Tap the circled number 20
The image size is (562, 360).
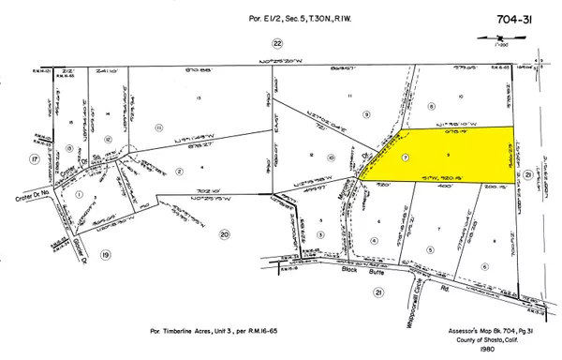[x=225, y=234]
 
